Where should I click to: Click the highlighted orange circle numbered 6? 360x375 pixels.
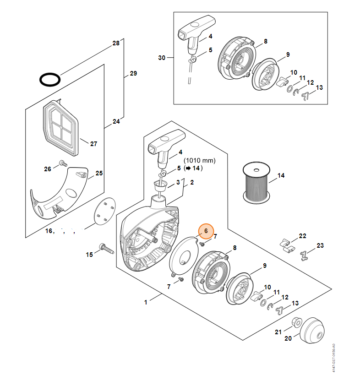pos(206,231)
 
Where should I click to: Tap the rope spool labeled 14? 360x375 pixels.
pos(256,182)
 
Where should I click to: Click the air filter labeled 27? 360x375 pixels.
pos(60,124)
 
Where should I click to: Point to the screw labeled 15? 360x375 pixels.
pos(106,250)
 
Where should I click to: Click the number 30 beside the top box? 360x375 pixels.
pos(161,58)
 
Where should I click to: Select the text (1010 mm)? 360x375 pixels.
pos(199,161)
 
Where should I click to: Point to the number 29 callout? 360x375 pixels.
pos(133,73)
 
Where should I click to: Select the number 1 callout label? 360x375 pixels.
pos(146,302)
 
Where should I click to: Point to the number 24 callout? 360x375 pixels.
pos(116,121)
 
